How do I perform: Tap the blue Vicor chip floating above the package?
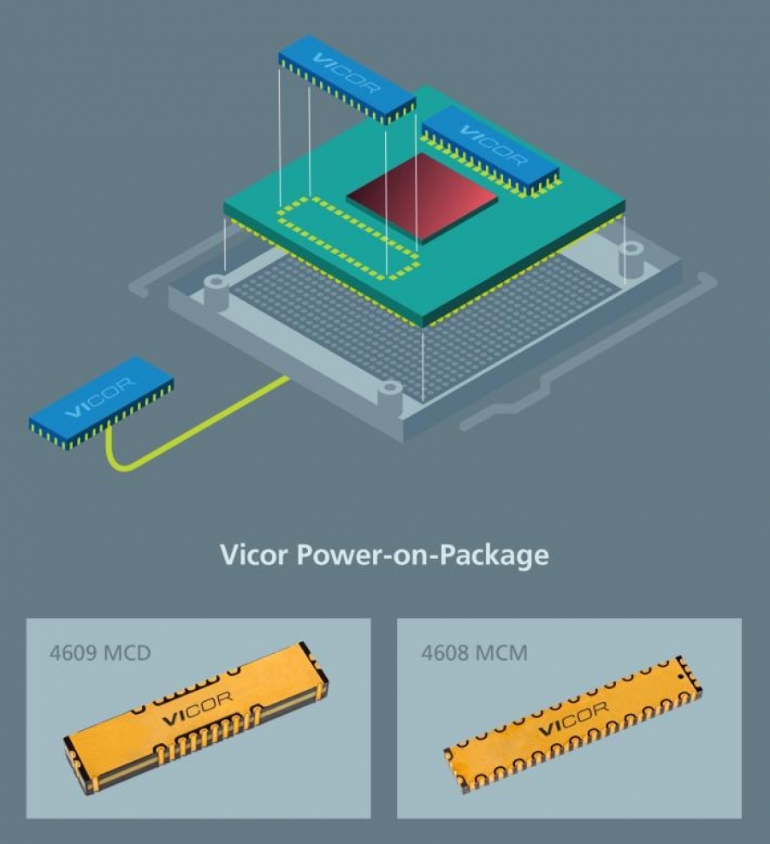[x=347, y=80]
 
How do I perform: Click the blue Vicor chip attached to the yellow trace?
[x=101, y=402]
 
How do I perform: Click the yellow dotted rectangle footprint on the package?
[x=347, y=239]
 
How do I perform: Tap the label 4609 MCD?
[x=100, y=653]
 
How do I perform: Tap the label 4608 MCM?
[x=474, y=653]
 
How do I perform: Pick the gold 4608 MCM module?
[x=573, y=724]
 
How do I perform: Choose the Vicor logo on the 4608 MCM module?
[x=573, y=718]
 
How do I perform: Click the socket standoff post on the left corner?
[x=216, y=291]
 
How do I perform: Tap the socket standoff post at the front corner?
[x=389, y=397]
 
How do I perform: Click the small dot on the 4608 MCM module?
[x=681, y=675]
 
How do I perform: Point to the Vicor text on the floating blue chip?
[x=346, y=73]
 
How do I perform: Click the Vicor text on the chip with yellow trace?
[x=100, y=397]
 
